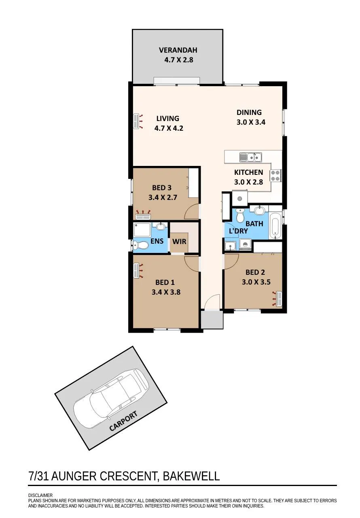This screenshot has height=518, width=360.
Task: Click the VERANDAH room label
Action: pyautogui.click(x=178, y=50)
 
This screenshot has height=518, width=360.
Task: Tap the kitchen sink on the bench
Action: pyautogui.click(x=250, y=157)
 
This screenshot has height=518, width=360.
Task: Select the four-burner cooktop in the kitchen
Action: pyautogui.click(x=275, y=176)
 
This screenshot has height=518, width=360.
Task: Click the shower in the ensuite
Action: pyautogui.click(x=142, y=231)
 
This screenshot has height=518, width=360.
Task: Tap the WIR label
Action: pyautogui.click(x=179, y=242)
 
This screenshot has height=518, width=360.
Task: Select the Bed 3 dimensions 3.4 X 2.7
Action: pyautogui.click(x=163, y=197)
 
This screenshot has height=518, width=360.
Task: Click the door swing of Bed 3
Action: pyautogui.click(x=191, y=212)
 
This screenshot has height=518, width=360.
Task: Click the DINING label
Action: pyautogui.click(x=249, y=113)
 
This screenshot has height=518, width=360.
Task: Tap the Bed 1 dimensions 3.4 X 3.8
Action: pyautogui.click(x=166, y=292)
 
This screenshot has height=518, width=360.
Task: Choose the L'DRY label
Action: pyautogui.click(x=238, y=231)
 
